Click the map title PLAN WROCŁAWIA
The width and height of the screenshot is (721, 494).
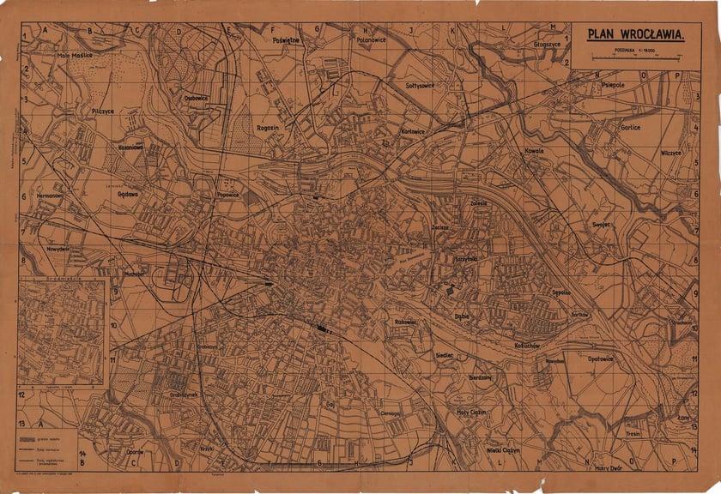(635, 35)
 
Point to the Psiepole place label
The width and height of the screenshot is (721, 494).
(615, 86)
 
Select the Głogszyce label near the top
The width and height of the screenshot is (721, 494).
(547, 41)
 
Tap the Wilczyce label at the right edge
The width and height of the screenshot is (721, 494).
(671, 152)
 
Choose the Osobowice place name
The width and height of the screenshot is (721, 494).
(197, 98)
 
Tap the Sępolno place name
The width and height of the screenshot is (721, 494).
(562, 292)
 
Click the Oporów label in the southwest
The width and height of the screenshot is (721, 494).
(132, 451)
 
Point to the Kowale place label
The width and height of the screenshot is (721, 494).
(535, 151)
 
